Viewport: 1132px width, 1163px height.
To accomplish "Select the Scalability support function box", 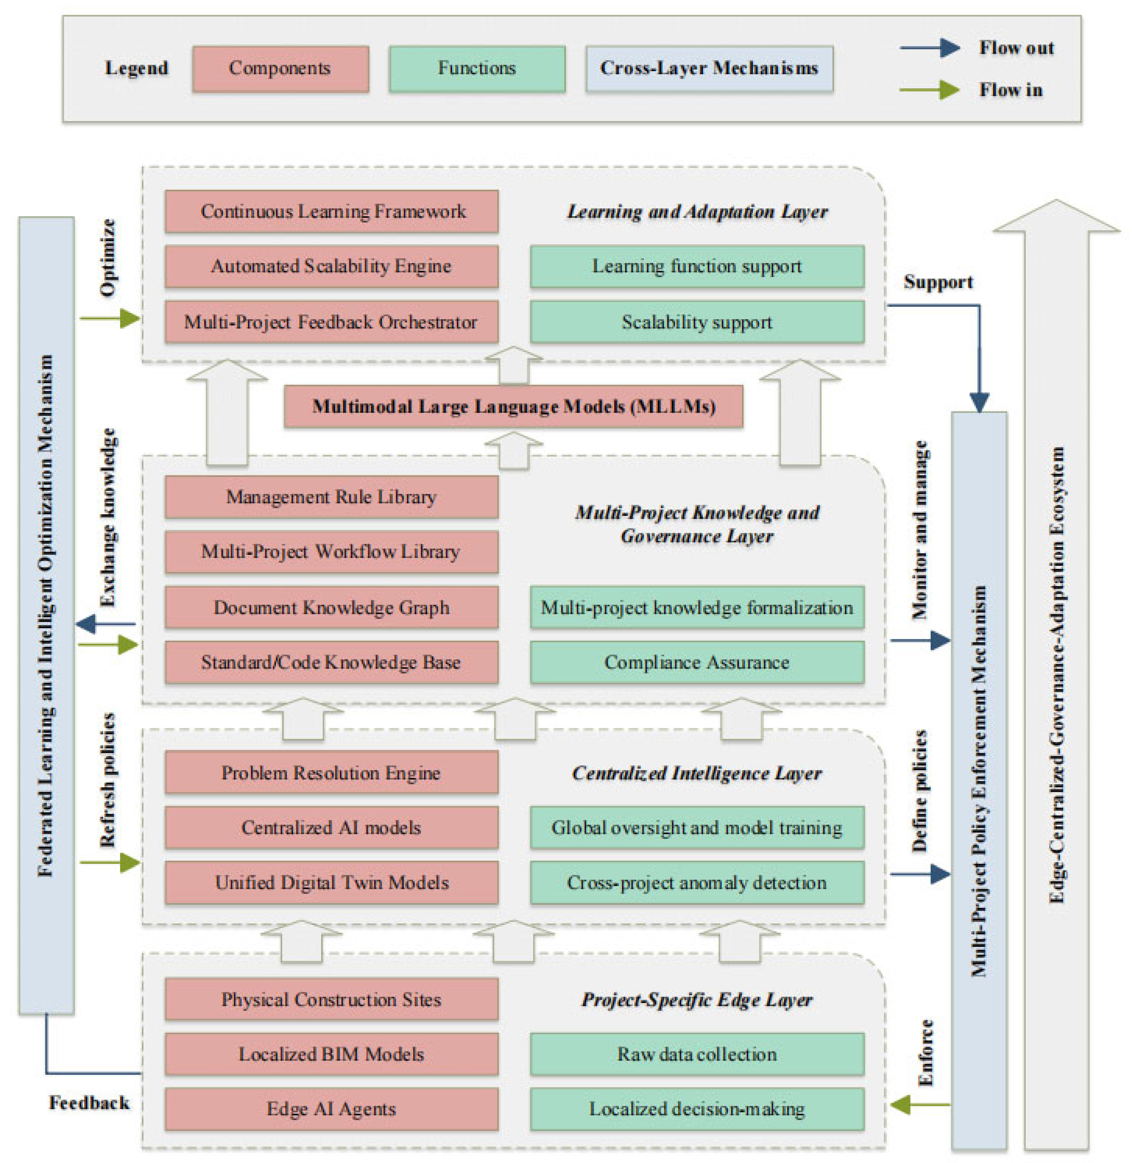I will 697,322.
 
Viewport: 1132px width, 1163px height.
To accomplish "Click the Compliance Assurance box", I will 697,662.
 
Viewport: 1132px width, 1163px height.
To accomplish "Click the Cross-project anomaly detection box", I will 697,882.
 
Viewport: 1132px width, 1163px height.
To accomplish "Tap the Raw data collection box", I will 697,1054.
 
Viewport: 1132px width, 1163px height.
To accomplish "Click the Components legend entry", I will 280,68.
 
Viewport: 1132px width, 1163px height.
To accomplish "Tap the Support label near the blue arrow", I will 938,282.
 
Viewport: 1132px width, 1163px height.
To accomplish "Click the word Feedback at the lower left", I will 89,1103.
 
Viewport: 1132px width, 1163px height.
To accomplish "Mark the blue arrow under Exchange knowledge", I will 106,624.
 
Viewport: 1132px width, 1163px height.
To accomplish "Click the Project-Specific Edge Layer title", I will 697,1000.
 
